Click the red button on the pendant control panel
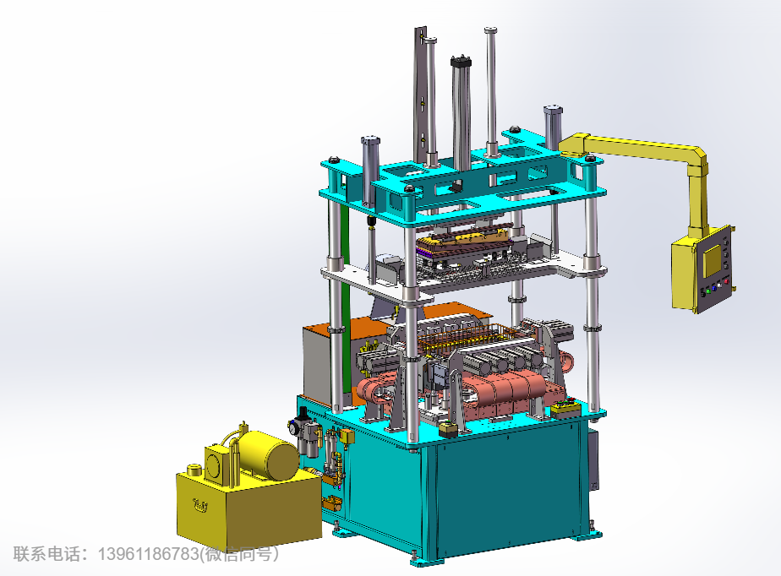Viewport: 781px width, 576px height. point(727,281)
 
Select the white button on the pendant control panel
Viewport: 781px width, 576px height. point(720,285)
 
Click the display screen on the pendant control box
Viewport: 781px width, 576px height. point(712,260)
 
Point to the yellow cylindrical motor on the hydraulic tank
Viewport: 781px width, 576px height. point(269,454)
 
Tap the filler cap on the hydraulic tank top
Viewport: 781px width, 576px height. point(194,469)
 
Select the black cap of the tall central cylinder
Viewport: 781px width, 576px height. point(461,62)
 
